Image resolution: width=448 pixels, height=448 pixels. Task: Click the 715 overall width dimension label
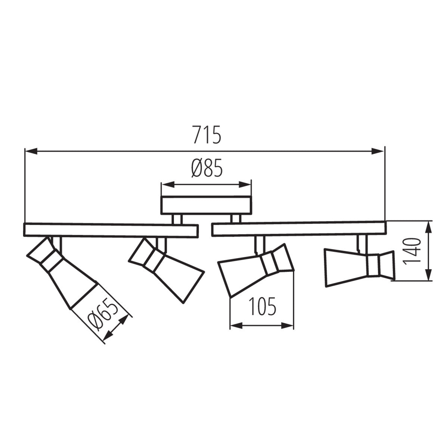(207, 135)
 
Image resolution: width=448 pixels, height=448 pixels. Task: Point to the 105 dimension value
(262, 307)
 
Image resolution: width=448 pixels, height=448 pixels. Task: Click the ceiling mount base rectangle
(206, 205)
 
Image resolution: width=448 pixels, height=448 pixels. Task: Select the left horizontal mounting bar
(111, 230)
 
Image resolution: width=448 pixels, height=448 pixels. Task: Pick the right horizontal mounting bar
(299, 229)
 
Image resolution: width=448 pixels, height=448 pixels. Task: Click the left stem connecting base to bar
(177, 219)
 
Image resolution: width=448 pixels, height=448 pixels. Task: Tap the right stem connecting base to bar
(235, 219)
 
